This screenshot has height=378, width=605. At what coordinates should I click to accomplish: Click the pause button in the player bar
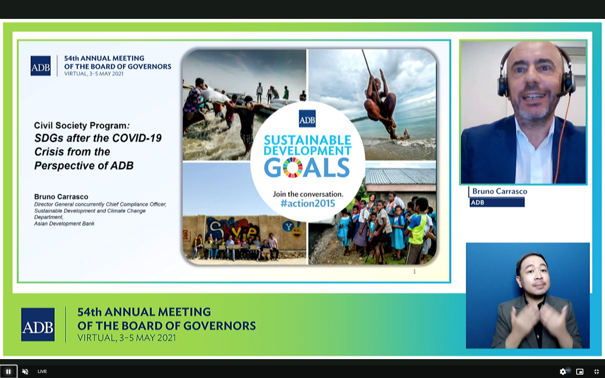tap(9, 371)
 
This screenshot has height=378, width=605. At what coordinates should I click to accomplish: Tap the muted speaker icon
tap(25, 371)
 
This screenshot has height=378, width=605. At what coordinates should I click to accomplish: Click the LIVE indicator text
tap(42, 371)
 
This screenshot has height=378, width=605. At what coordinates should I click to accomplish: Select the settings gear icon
tap(562, 372)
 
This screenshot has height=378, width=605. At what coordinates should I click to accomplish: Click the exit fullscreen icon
tap(596, 372)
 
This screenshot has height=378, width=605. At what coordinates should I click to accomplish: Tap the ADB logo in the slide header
tap(41, 66)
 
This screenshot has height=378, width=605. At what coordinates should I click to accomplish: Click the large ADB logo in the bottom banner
tap(38, 325)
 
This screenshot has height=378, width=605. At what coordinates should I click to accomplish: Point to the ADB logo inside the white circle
tap(307, 119)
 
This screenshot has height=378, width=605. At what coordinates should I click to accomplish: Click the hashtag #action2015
tap(308, 203)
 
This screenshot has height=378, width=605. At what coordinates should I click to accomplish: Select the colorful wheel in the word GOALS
tap(293, 167)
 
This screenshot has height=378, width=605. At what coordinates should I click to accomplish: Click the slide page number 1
tap(415, 271)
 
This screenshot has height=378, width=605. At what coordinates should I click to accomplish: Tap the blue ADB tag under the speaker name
tap(497, 203)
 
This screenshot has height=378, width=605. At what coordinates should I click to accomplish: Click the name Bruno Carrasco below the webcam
tap(500, 191)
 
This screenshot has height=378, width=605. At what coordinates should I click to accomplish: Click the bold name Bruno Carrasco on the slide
tap(61, 197)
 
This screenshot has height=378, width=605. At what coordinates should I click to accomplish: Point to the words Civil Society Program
tap(80, 126)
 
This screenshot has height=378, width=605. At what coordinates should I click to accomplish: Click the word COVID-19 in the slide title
tap(137, 138)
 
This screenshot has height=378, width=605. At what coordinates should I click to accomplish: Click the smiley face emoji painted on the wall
tap(296, 232)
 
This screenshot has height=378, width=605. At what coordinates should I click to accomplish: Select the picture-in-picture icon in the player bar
tap(579, 372)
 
